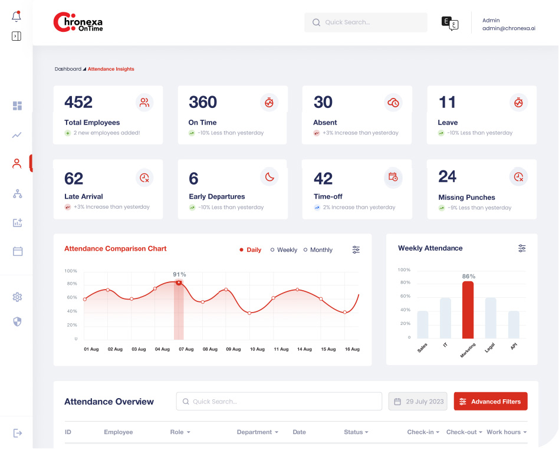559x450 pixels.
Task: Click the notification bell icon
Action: click(17, 17)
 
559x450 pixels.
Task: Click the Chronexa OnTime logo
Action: click(78, 22)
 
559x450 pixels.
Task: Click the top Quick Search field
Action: click(366, 22)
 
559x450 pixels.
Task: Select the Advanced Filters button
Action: click(491, 402)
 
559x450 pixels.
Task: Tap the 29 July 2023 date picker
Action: click(418, 402)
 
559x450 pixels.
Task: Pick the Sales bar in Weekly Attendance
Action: click(423, 324)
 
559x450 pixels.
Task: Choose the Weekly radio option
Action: click(284, 250)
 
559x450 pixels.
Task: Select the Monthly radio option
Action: click(318, 250)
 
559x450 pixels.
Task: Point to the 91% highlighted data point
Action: click(179, 283)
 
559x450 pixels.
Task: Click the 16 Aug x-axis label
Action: click(352, 349)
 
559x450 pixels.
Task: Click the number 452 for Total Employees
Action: click(78, 102)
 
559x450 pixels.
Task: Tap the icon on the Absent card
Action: click(393, 103)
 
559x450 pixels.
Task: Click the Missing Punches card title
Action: click(466, 198)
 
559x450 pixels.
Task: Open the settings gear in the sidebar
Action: click(17, 297)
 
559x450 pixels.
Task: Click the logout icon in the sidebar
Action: click(18, 433)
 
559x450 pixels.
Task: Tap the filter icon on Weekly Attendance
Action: click(522, 248)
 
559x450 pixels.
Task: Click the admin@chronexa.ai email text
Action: click(508, 28)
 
